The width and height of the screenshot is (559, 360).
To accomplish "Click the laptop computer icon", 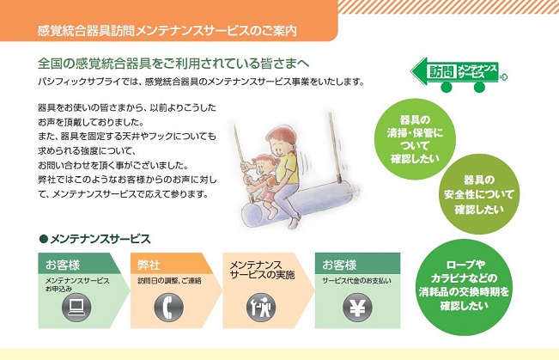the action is click(76, 308).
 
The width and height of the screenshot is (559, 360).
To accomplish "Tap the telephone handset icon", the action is click(168, 308).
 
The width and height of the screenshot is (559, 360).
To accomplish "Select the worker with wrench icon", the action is click(261, 308).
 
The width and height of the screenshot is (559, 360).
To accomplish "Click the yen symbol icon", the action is click(357, 308).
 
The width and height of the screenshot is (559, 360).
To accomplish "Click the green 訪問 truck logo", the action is click(459, 75).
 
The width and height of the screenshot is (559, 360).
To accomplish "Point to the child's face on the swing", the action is click(263, 166).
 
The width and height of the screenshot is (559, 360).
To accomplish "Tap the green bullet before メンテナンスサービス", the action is click(44, 239).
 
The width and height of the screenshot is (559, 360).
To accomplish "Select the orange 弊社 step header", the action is click(170, 264).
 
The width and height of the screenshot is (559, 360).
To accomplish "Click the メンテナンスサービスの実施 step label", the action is click(262, 270).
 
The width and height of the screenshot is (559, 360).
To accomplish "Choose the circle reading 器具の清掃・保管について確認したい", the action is click(415, 139).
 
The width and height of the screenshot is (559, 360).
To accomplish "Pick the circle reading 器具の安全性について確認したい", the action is click(479, 194).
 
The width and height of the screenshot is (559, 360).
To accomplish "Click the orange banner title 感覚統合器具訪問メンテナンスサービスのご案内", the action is click(167, 31).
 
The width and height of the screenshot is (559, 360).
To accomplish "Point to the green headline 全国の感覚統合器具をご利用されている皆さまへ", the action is click(173, 64).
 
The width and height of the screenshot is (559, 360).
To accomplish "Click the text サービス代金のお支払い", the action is click(356, 281).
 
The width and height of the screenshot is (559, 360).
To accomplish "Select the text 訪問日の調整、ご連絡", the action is click(170, 281).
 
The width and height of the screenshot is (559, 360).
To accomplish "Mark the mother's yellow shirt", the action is click(289, 168).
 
